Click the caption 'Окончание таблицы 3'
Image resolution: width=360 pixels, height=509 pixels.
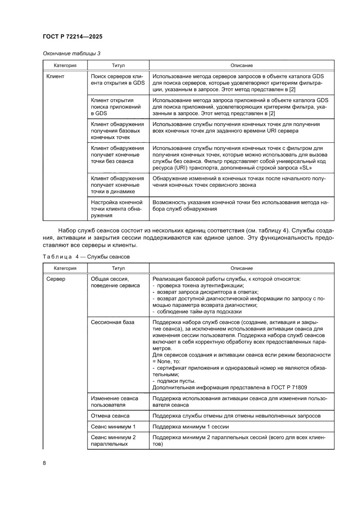tap(71, 54)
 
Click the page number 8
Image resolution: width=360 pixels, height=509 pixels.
tap(44, 463)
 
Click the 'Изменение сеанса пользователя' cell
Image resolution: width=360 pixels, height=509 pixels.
tap(114, 401)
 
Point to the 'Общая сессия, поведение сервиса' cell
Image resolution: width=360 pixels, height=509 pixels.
tap(115, 282)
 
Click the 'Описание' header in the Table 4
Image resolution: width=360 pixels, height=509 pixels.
tap(242, 268)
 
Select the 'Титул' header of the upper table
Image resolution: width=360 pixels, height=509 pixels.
tap(118, 65)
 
